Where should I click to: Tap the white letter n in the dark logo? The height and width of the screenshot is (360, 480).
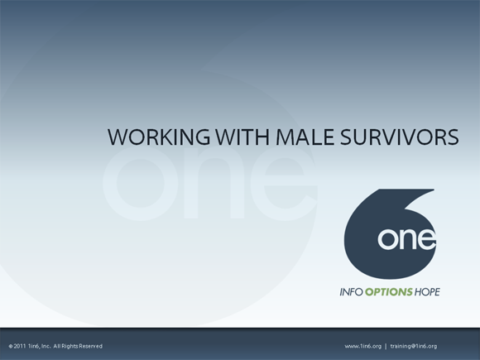click(408, 240)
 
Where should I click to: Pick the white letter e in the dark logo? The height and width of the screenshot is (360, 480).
click(426, 240)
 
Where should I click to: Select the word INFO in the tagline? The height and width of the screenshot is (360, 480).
click(353, 291)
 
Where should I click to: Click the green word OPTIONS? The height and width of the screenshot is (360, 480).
click(390, 291)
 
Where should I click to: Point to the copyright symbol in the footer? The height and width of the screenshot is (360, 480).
click(11, 346)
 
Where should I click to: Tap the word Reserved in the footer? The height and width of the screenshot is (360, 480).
click(90, 346)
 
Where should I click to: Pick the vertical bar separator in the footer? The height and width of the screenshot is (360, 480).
click(386, 346)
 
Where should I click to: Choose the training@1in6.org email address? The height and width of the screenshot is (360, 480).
click(414, 346)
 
